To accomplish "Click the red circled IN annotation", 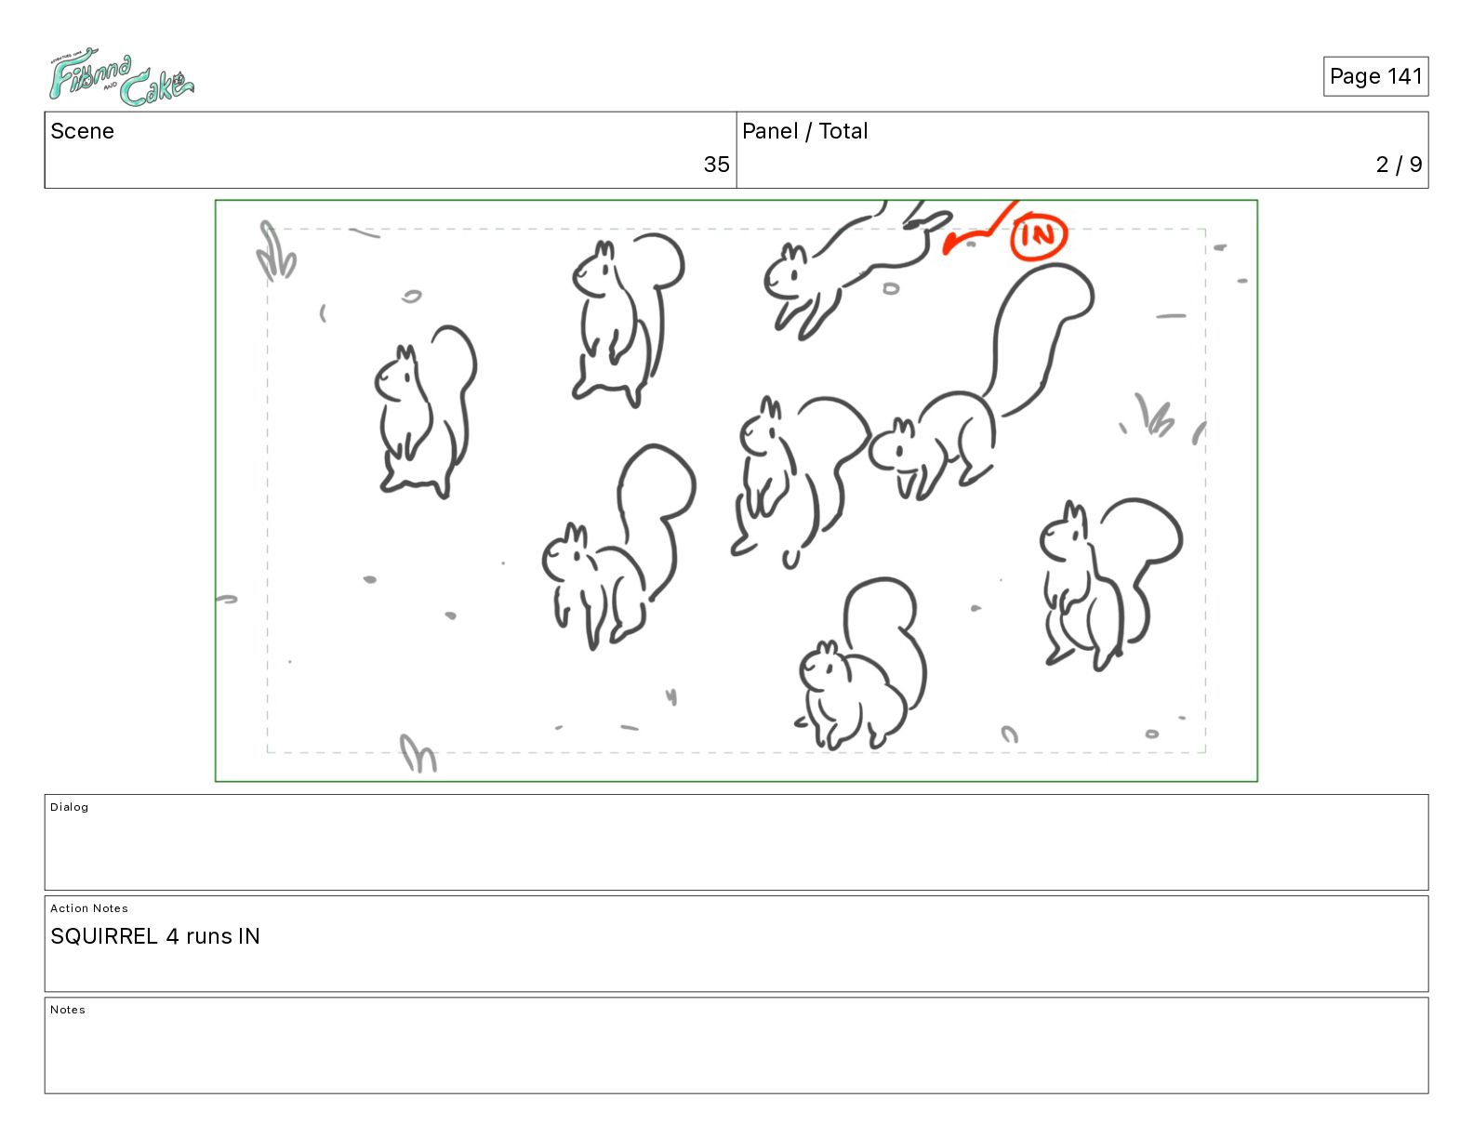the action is coord(1038,236).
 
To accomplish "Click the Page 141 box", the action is coord(1375,76).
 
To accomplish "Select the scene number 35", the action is coord(716,164).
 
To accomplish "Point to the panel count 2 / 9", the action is coord(1399,164).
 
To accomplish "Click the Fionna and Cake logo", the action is coord(121,76).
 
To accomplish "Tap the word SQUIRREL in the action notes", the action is coord(104,936).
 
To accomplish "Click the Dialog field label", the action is coord(69,807).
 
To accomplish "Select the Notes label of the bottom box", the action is coord(68,1009).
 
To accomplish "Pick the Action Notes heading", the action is coord(88,908).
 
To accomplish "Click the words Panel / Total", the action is coord(804,131).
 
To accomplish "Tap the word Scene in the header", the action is coord(82,131).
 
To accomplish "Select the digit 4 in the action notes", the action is coord(172,936).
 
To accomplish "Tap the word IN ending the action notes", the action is coord(249,936).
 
